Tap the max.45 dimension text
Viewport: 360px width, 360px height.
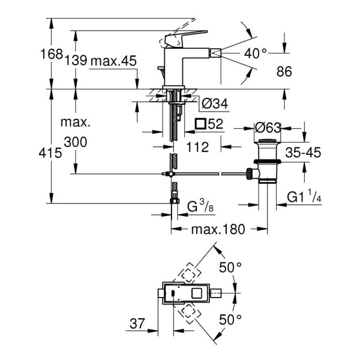114,61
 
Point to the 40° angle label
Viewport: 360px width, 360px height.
256,53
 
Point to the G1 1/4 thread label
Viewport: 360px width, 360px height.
304,196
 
